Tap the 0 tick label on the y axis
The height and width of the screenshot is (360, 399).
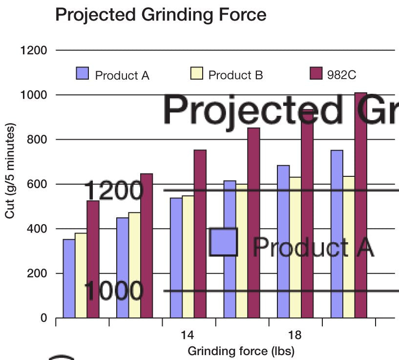43,318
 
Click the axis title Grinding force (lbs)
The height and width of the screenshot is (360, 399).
241,351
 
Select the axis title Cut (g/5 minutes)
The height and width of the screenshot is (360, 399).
10,171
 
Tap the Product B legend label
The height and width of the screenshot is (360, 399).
235,75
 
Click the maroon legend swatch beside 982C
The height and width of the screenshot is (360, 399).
316,74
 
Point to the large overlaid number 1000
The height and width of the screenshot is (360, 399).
114,291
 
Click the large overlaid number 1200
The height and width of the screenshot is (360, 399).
114,190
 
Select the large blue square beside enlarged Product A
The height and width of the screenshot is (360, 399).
223,242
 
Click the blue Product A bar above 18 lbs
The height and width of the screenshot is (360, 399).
283,241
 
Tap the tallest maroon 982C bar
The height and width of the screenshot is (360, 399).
361,205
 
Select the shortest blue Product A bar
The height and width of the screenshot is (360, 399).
69,278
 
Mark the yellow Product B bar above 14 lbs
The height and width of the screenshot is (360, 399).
188,256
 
